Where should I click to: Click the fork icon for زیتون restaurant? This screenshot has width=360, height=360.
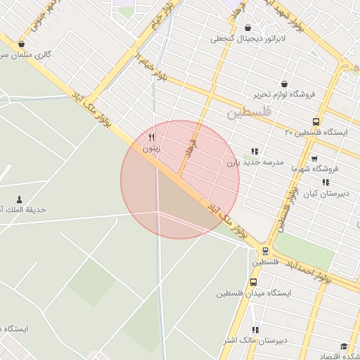[x=151, y=137]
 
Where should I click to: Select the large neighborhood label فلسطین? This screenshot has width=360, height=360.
[x=250, y=112]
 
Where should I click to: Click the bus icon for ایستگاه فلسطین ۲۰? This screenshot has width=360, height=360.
[x=315, y=121]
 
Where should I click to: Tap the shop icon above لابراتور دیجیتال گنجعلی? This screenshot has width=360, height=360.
[x=247, y=27]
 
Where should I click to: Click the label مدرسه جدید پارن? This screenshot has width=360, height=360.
[x=254, y=162]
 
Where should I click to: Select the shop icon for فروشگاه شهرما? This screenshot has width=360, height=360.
[x=314, y=158]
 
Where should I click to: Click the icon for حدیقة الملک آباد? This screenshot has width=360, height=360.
[x=19, y=200]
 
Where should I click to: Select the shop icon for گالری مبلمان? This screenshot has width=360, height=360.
[x=21, y=44]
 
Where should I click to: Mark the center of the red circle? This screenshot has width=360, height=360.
[x=180, y=180]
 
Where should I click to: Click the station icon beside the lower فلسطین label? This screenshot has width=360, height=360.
[x=265, y=250]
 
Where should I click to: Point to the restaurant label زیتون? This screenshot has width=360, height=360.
[x=152, y=148]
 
